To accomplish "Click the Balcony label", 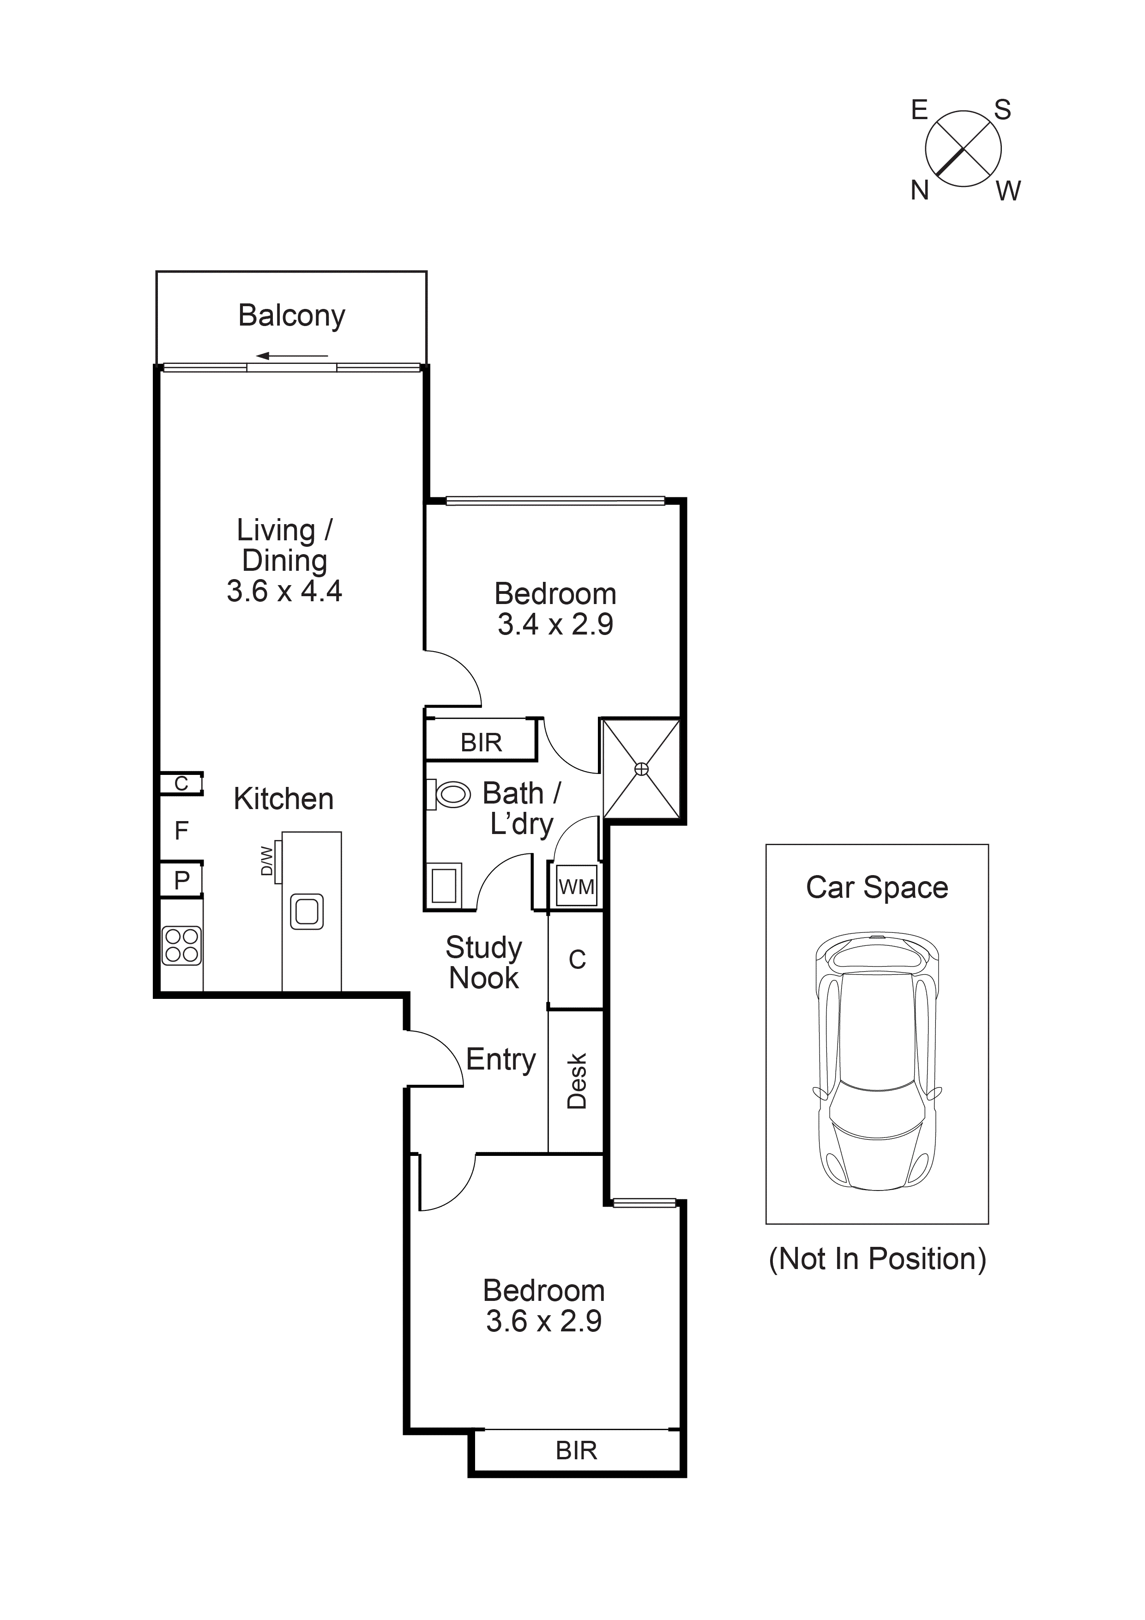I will click(291, 315).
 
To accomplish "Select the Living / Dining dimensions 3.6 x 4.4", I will click(284, 591).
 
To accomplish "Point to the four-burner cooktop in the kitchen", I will click(182, 945).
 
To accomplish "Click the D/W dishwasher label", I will click(267, 861).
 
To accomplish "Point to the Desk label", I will click(576, 1081).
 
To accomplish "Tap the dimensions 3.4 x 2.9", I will click(555, 624).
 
